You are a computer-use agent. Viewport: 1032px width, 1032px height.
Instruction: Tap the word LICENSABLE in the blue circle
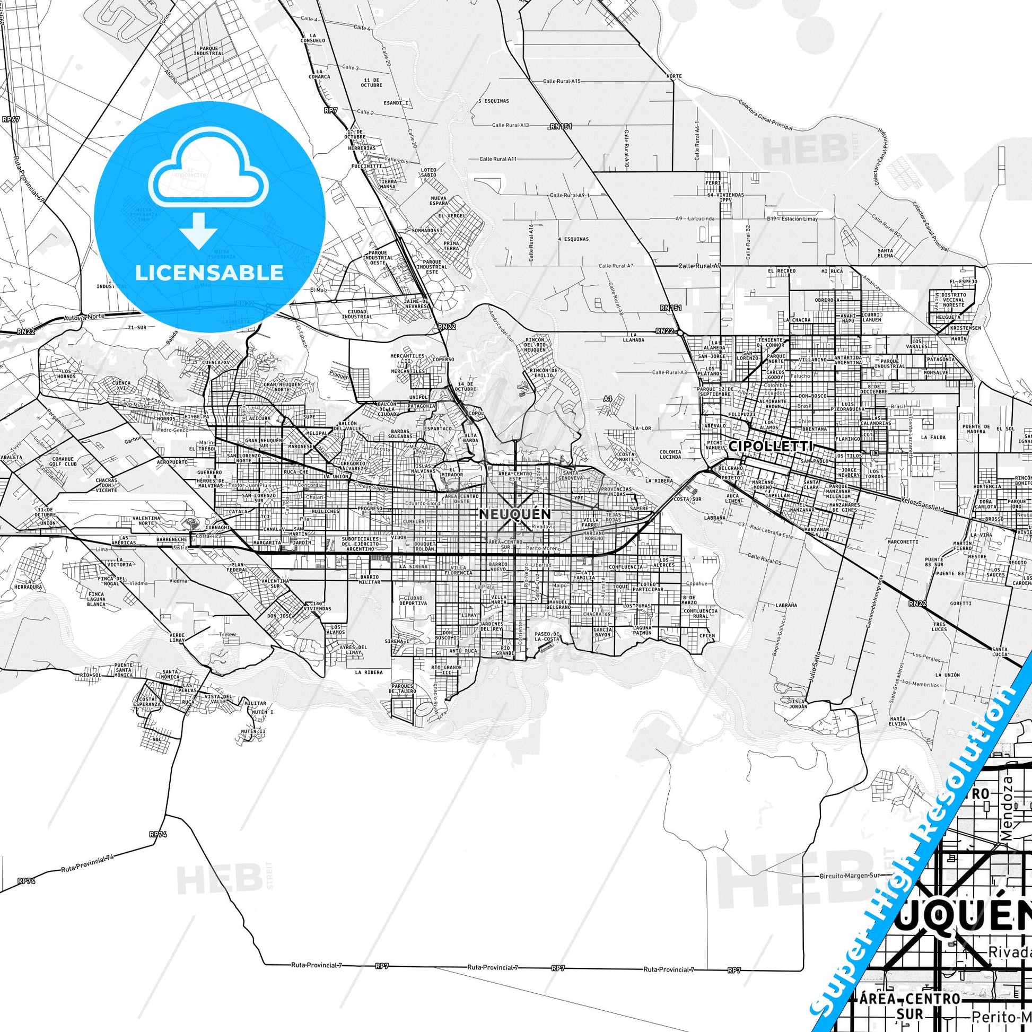pyautogui.click(x=209, y=273)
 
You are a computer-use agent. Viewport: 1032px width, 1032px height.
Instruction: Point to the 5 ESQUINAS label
pyautogui.click(x=494, y=101)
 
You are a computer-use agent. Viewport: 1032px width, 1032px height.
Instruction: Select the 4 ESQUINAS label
pyautogui.click(x=573, y=239)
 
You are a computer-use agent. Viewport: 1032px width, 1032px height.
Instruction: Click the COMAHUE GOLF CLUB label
pyautogui.click(x=65, y=461)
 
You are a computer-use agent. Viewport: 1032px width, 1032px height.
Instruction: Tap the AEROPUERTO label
pyautogui.click(x=172, y=461)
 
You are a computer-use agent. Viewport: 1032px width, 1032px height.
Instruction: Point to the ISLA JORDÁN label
pyautogui.click(x=799, y=703)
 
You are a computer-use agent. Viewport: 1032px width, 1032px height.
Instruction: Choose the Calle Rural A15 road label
pyautogui.click(x=562, y=81)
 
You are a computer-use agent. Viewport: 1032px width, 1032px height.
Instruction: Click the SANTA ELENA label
pyautogui.click(x=885, y=253)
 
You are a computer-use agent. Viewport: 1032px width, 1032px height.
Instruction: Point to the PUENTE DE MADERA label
pyautogui.click(x=976, y=429)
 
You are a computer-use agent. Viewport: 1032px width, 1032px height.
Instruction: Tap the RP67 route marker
pyautogui.click(x=11, y=120)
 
